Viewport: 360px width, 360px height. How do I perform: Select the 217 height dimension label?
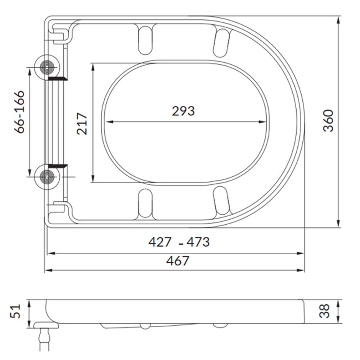(x=82, y=123)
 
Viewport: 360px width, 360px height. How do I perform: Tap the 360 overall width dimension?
(x=328, y=121)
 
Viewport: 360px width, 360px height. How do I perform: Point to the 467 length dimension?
(x=177, y=261)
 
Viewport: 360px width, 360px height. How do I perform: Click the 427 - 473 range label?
(x=179, y=242)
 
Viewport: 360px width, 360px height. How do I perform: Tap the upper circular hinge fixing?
(x=47, y=67)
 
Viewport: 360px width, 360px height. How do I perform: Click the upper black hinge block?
(x=58, y=78)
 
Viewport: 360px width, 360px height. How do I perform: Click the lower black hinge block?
(x=58, y=166)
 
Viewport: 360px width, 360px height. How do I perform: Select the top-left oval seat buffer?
(x=145, y=40)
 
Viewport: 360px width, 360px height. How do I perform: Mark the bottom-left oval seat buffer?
(x=145, y=203)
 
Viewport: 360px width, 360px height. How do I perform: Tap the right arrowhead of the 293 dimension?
(x=265, y=122)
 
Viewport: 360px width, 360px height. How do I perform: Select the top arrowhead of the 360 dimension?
(x=338, y=19)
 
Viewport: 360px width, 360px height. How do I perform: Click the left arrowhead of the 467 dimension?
(x=48, y=270)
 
